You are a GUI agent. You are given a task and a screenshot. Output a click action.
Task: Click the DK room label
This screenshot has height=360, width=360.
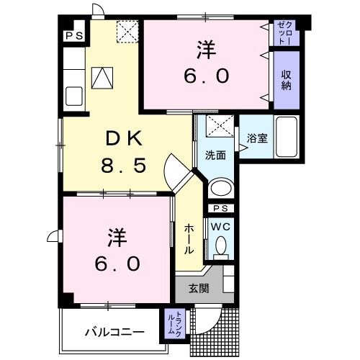[124, 138]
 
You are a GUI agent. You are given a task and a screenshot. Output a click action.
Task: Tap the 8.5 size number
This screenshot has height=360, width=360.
[124, 166]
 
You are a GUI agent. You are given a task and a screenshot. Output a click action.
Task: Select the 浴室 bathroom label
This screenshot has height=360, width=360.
[257, 138]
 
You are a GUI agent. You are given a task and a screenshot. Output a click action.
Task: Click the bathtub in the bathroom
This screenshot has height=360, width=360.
[287, 137]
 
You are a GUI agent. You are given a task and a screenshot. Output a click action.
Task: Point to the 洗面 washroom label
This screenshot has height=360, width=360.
[215, 156]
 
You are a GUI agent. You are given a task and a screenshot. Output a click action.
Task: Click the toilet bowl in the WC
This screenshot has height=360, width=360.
[221, 245]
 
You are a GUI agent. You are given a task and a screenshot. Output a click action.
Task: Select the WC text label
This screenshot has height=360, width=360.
[221, 227]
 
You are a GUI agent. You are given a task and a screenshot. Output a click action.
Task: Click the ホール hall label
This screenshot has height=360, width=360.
[189, 239]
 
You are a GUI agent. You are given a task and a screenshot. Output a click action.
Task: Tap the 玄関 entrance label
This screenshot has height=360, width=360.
[199, 288]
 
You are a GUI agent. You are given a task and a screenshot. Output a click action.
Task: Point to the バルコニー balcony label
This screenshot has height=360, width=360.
[115, 333]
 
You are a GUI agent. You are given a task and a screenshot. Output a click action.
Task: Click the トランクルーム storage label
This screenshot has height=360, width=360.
[174, 323]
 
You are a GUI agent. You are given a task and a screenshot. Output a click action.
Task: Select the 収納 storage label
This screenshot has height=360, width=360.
[287, 80]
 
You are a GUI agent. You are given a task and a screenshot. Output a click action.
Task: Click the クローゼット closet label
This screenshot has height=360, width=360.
[285, 33]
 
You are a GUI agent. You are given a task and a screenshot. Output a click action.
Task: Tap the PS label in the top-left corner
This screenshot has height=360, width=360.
[74, 36]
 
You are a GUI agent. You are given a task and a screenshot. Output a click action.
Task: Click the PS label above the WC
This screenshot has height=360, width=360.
[221, 208]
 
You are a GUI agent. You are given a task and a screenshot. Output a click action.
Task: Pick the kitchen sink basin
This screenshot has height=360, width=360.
[74, 96]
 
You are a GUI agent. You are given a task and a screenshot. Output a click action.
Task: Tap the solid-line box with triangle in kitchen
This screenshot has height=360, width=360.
[102, 78]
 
